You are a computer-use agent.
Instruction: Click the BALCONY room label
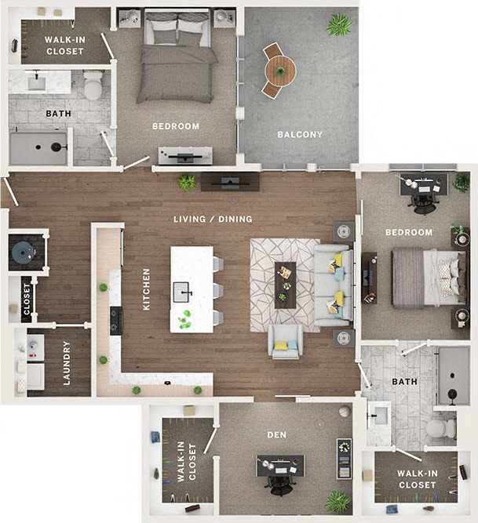(x=300, y=134)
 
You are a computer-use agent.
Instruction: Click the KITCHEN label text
(x=147, y=289)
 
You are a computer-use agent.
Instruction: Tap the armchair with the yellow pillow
(x=285, y=341)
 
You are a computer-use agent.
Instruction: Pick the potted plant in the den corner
(x=338, y=500)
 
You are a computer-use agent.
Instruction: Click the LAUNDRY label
(x=67, y=362)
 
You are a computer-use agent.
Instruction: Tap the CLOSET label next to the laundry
(x=27, y=299)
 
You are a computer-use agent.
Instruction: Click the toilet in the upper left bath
(x=93, y=85)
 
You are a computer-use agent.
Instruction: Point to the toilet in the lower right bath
(x=440, y=428)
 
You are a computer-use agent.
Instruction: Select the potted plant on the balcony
(x=339, y=25)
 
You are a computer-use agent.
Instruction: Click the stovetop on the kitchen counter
(x=115, y=321)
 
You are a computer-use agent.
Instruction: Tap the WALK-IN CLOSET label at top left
(x=64, y=45)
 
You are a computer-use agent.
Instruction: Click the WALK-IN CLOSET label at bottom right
(x=416, y=479)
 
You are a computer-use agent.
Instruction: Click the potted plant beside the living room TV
(x=187, y=183)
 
